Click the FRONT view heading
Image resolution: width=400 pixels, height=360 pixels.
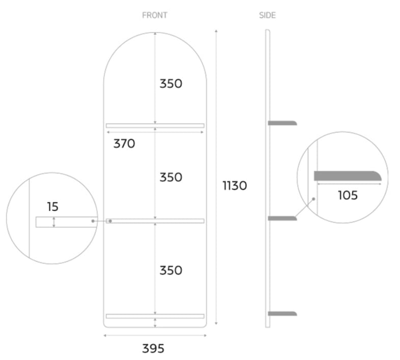pyautogui.click(x=154, y=15)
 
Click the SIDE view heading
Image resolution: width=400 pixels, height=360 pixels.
pyautogui.click(x=267, y=15)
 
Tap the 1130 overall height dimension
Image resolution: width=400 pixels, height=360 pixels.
pyautogui.click(x=235, y=186)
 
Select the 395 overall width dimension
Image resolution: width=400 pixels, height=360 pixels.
pyautogui.click(x=153, y=348)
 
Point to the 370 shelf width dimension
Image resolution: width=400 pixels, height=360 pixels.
pyautogui.click(x=124, y=144)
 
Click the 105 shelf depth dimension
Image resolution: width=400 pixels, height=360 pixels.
pyautogui.click(x=348, y=195)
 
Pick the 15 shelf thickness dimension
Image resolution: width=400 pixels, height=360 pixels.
pyautogui.click(x=52, y=207)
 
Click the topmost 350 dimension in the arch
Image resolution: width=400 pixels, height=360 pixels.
pyautogui.click(x=170, y=83)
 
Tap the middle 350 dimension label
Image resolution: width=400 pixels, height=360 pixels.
pyautogui.click(x=170, y=177)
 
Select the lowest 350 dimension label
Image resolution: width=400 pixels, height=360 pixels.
pyautogui.click(x=170, y=270)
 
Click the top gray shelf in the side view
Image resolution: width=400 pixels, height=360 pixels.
pyautogui.click(x=282, y=123)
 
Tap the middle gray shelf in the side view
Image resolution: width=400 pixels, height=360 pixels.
pyautogui.click(x=282, y=218)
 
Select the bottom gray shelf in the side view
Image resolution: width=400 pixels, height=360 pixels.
pyautogui.click(x=282, y=313)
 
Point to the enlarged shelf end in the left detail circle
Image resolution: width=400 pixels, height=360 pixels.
pyautogui.click(x=66, y=222)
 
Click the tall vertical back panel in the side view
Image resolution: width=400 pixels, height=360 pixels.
pyautogui.click(x=267, y=173)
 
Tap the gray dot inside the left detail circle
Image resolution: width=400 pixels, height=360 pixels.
pyautogui.click(x=93, y=221)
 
